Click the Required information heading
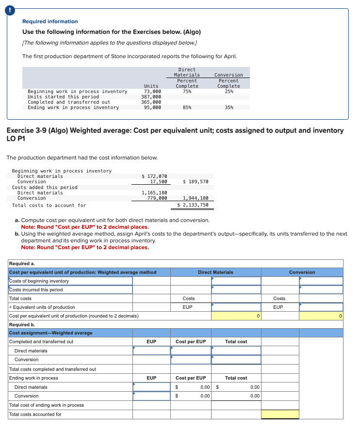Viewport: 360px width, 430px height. (x=50, y=21)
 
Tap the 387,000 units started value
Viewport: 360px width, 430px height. (x=151, y=96)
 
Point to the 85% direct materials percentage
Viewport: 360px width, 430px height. (x=187, y=107)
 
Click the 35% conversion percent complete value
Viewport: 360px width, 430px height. (x=229, y=107)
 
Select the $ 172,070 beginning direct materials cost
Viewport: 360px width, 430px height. (x=154, y=176)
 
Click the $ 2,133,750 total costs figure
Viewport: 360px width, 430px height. (x=193, y=205)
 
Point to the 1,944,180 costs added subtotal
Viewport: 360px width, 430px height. (x=196, y=198)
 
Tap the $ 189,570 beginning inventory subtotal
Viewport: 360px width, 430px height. (x=196, y=181)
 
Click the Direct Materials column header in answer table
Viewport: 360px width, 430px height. (x=215, y=272)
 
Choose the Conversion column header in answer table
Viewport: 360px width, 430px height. (x=302, y=272)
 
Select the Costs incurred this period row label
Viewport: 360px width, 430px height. (x=36, y=290)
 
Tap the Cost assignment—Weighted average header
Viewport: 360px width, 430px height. (x=50, y=333)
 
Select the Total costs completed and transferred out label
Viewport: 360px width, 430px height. (x=52, y=369)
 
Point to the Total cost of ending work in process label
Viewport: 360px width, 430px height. (x=47, y=405)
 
